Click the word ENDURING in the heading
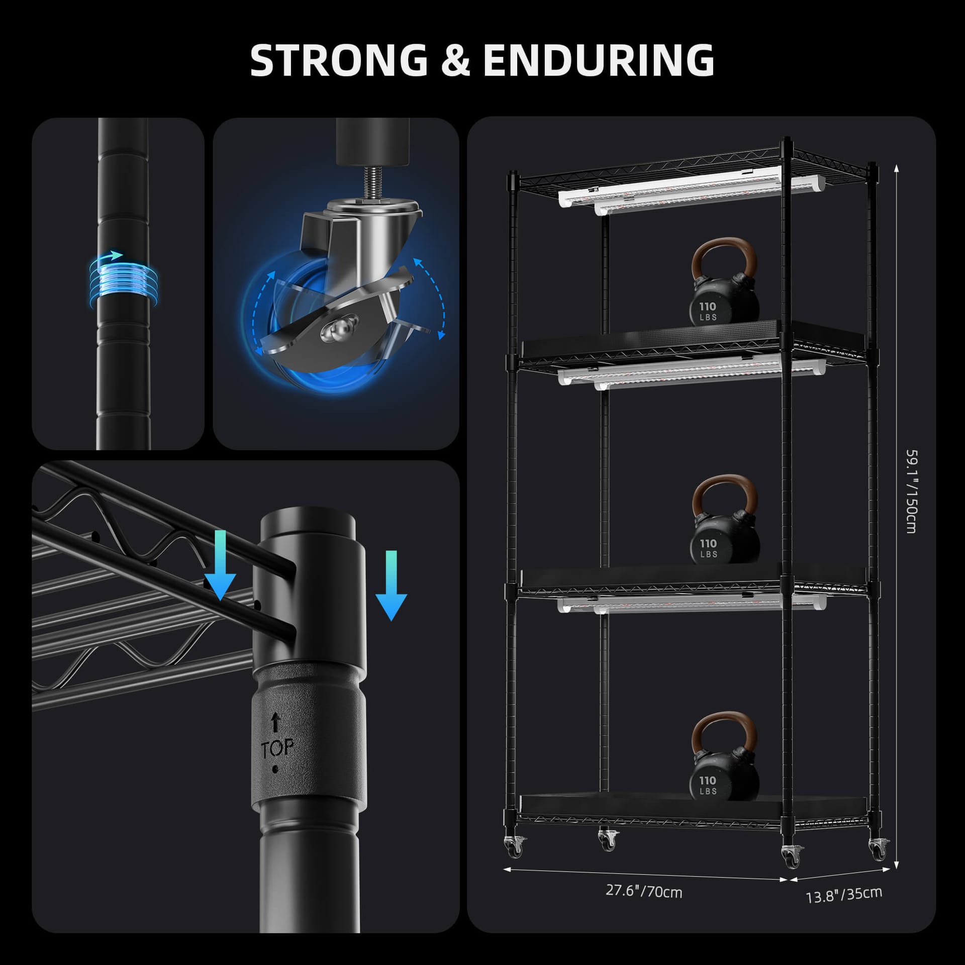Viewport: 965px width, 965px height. [598, 60]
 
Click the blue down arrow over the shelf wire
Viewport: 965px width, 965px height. [220, 565]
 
